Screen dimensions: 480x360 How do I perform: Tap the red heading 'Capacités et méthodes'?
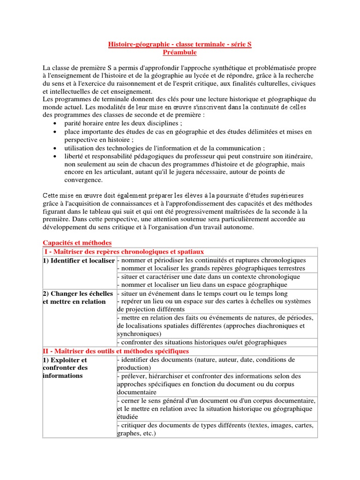pos(77,242)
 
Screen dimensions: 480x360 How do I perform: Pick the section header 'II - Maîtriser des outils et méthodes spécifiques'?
pos(116,351)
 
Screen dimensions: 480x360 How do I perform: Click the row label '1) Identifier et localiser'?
pos(79,260)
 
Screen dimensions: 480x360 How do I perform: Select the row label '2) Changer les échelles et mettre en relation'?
pos(78,297)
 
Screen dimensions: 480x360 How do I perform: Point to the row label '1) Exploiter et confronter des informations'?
pos(66,367)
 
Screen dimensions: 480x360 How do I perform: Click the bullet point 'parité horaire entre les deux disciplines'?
pos(123,123)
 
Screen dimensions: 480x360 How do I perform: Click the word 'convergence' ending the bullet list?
pos(83,180)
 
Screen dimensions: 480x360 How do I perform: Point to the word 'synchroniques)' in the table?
pos(139,334)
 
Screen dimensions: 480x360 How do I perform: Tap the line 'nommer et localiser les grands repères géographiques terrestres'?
pos(211,268)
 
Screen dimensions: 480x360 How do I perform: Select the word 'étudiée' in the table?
pos(128,417)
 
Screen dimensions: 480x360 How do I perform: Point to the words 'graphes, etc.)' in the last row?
pos(135,434)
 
